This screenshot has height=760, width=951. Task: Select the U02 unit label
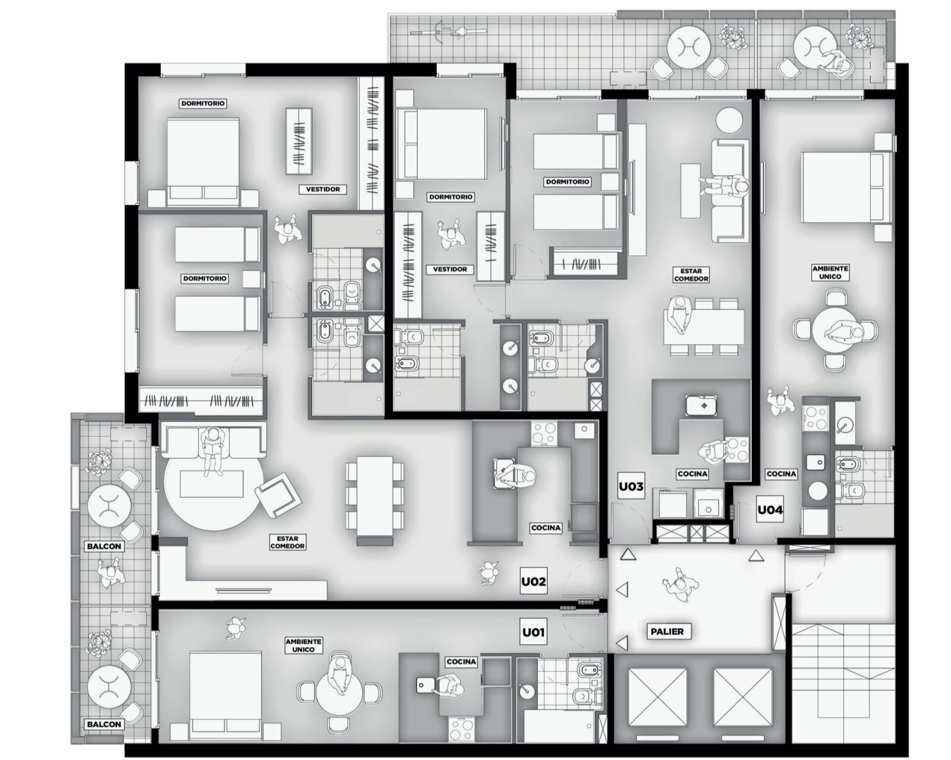534,582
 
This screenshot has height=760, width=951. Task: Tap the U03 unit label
631,487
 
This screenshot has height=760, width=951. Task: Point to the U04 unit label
770,510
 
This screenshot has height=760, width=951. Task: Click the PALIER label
667,632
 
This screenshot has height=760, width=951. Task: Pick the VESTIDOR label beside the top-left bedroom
323,189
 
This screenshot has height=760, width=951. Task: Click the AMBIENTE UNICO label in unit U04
830,273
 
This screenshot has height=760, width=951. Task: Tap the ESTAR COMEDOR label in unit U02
288,542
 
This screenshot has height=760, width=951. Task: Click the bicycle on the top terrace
449,32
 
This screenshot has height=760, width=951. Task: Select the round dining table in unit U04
835,329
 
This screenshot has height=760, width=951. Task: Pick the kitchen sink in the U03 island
701,405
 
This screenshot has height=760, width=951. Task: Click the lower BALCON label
104,724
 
